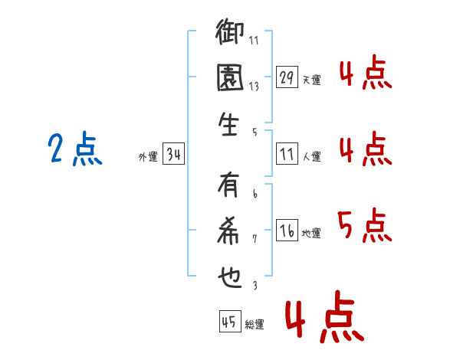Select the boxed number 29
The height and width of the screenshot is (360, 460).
[x=287, y=77]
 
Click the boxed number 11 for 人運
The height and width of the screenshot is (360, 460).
[x=287, y=155]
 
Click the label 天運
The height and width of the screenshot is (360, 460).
[x=311, y=80]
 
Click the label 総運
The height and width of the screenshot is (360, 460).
[x=255, y=324]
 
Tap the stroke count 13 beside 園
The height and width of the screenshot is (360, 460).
[x=254, y=86]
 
